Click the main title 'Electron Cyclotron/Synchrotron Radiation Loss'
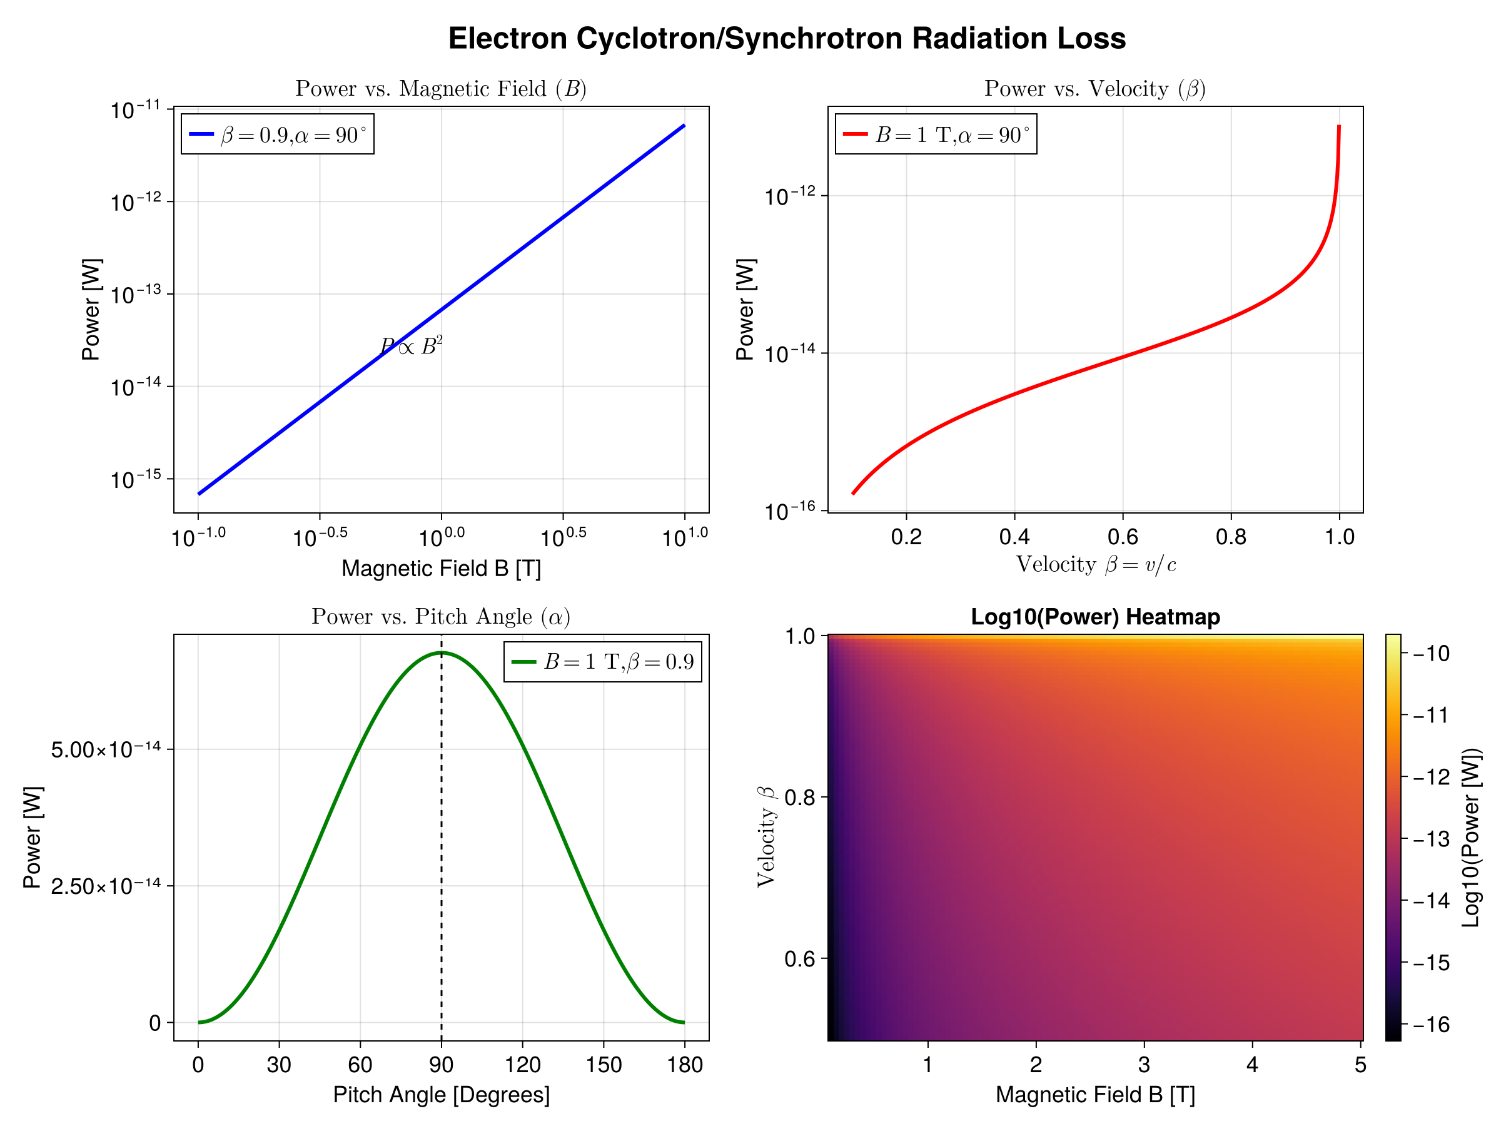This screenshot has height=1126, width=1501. (x=787, y=39)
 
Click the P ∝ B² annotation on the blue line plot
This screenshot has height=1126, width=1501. (x=412, y=346)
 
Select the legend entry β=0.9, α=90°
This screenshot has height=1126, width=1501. (x=293, y=134)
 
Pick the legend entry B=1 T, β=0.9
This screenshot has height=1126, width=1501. (x=618, y=661)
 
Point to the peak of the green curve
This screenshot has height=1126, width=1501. (x=441, y=653)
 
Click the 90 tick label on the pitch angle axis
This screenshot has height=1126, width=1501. (x=441, y=1064)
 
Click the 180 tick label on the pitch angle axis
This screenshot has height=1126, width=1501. (x=684, y=1064)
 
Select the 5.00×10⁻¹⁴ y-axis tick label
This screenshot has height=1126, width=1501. (x=106, y=749)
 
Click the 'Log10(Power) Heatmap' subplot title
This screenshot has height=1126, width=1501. (x=1095, y=616)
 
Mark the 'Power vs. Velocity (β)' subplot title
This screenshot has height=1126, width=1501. (x=1094, y=89)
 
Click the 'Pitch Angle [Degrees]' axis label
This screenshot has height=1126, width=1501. (x=441, y=1095)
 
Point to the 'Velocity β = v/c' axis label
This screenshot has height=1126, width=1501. (x=1095, y=565)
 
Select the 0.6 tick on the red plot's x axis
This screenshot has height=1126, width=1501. (x=1123, y=537)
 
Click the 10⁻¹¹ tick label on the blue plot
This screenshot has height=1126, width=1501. (x=136, y=109)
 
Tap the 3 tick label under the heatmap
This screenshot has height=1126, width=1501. (x=1144, y=1064)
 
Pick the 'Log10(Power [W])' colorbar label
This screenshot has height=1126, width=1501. (x=1470, y=838)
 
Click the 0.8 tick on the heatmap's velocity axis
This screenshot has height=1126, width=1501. (x=800, y=797)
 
